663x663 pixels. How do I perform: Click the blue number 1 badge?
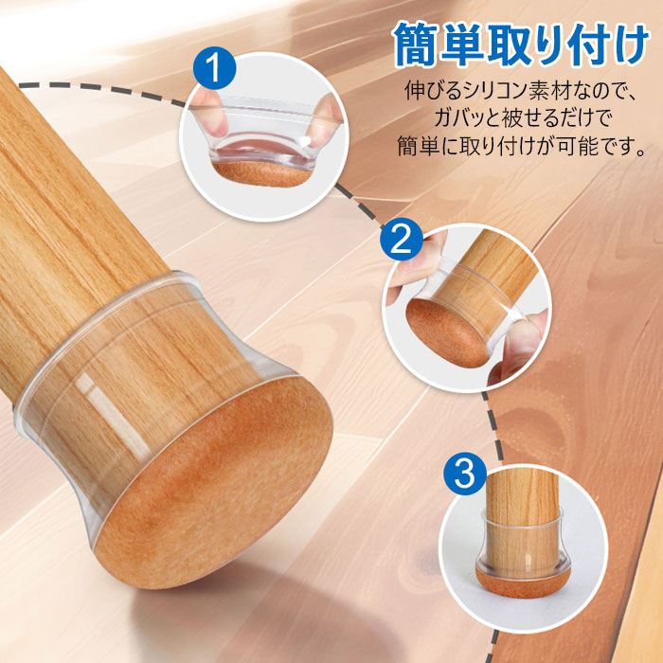click(214, 67)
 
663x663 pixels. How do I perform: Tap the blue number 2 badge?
click(402, 240)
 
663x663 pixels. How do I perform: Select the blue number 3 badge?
click(465, 474)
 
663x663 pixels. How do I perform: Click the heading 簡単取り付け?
click(520, 45)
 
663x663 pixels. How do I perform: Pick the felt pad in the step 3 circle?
click(523, 582)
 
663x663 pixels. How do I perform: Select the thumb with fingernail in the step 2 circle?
click(519, 347)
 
